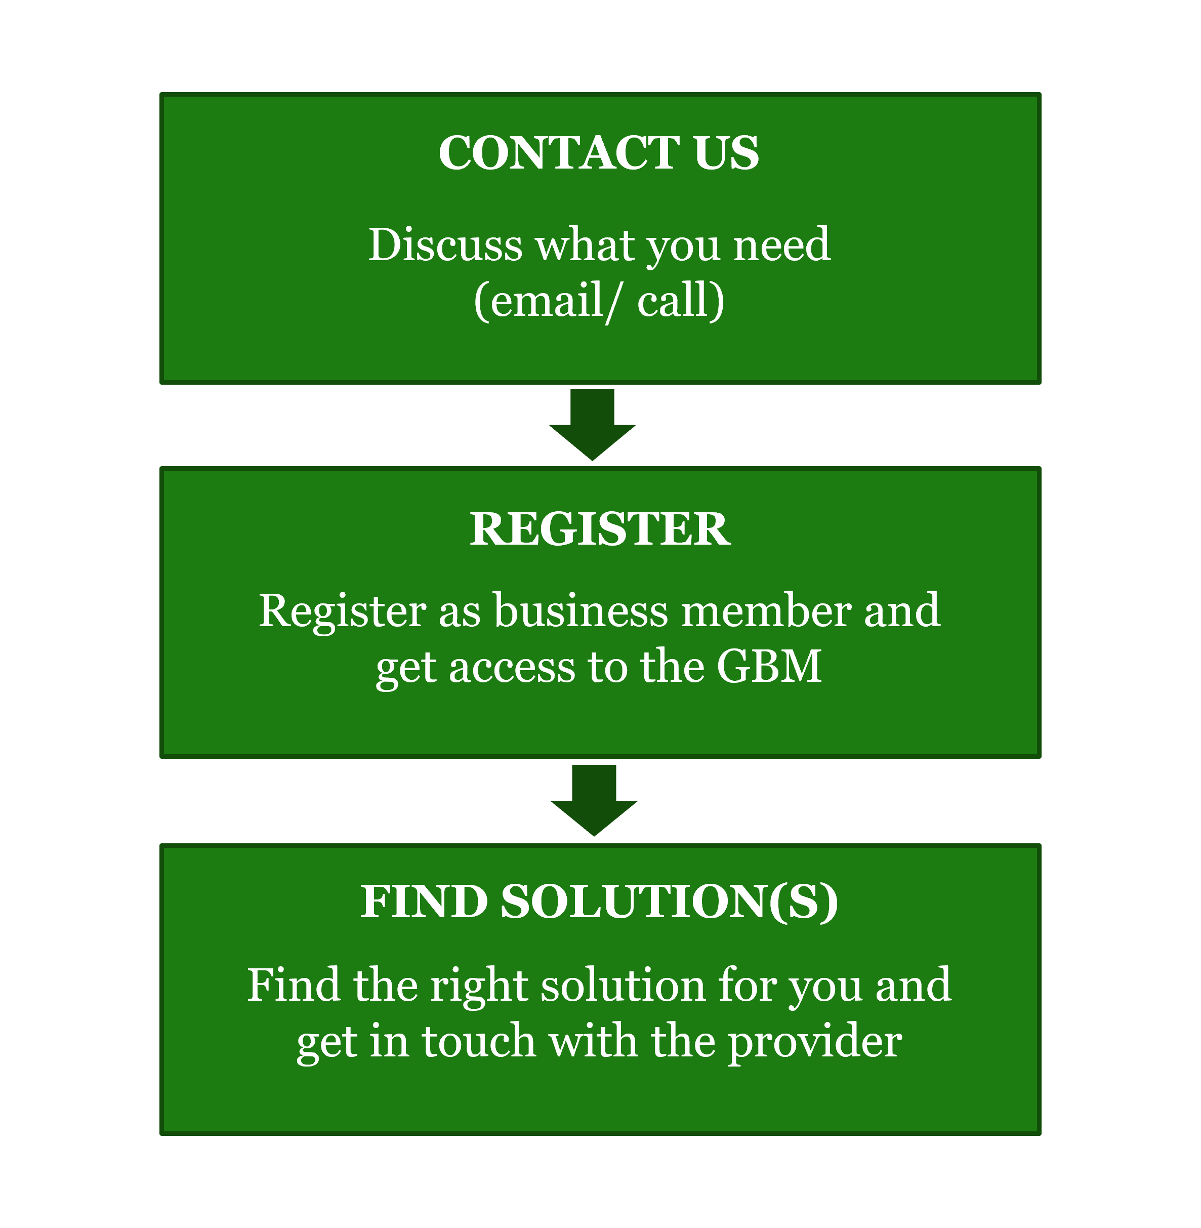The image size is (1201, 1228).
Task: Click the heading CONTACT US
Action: [599, 153]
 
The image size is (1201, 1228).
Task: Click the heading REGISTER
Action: [600, 528]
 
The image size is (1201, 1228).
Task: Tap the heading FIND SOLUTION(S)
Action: [599, 902]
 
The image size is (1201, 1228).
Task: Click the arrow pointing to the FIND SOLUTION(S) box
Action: [594, 800]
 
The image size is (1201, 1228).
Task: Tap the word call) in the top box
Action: [681, 301]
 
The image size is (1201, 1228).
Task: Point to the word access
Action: [512, 667]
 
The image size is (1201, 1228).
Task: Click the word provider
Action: [815, 1041]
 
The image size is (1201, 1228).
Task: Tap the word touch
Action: [479, 1041]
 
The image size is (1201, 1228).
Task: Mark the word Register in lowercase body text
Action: [343, 612]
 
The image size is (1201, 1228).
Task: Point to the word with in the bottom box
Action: [593, 1041]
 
